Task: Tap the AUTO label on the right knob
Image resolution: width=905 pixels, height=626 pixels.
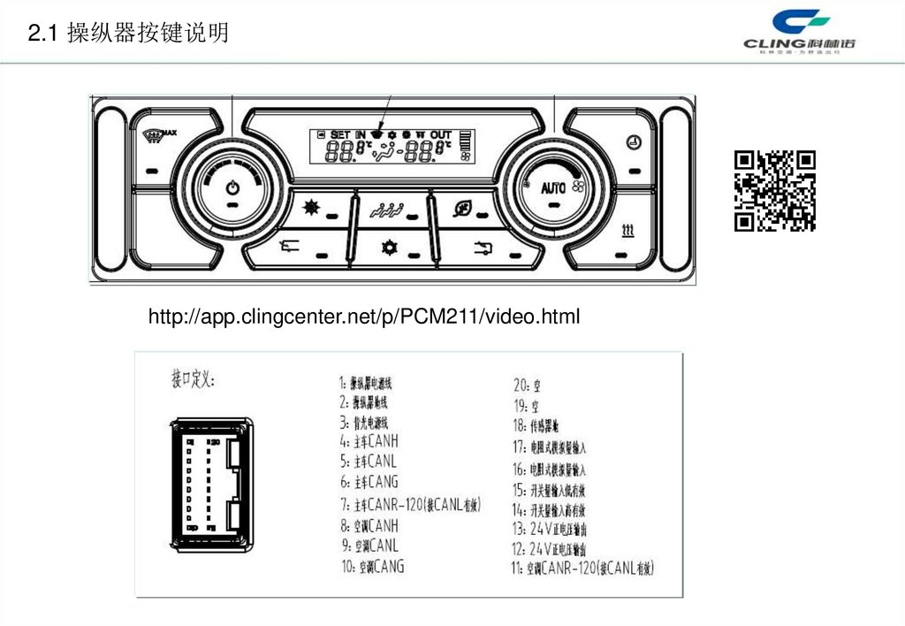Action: pos(552,187)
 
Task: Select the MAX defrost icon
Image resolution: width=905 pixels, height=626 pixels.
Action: pos(160,134)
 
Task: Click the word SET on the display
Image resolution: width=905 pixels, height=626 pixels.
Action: pos(340,134)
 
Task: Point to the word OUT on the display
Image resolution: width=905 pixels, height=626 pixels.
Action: pos(440,134)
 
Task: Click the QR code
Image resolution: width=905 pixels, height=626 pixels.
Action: pos(775,191)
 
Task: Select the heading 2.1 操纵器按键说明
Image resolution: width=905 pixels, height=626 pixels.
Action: pos(129,34)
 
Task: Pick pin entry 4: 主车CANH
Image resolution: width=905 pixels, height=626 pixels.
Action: pos(370,439)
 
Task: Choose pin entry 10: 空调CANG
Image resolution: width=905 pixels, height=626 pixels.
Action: pos(372,566)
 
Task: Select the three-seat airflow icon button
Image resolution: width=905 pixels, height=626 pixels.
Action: pos(387,209)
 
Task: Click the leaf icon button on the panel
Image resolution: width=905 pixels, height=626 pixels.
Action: pos(462,209)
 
